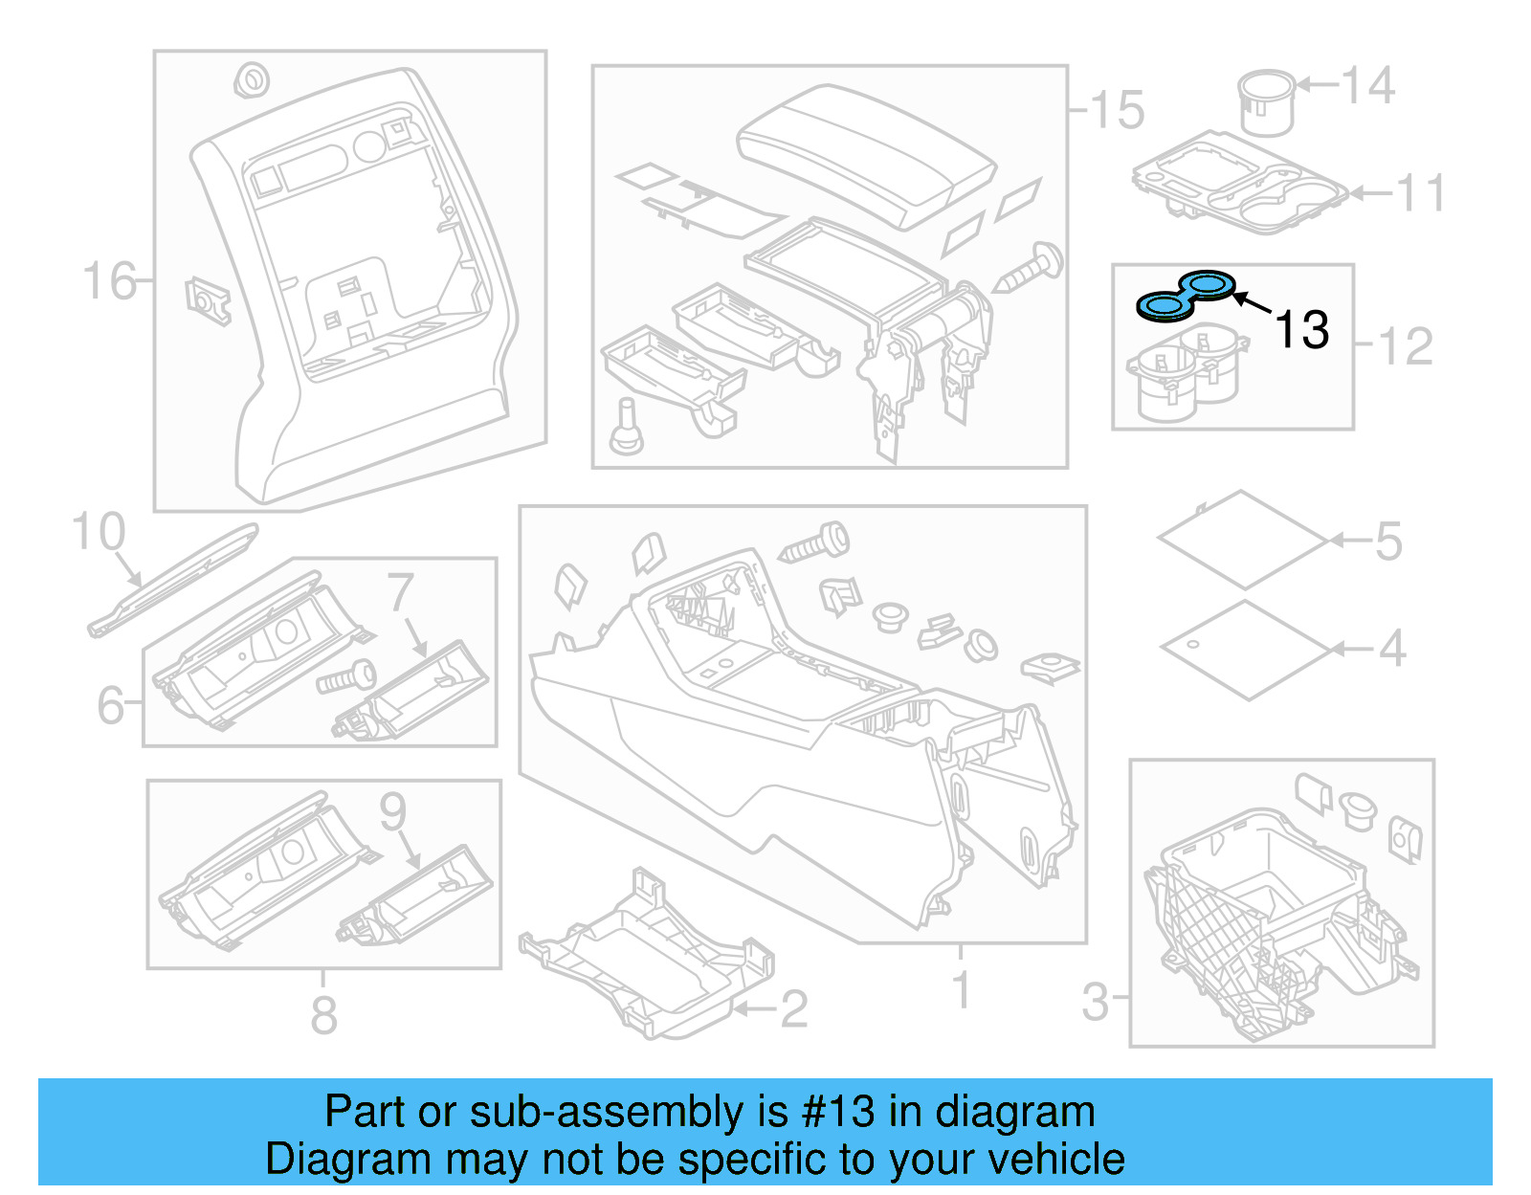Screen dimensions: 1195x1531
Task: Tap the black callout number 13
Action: [x=1301, y=330]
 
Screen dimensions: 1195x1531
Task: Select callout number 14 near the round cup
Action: [x=1367, y=86]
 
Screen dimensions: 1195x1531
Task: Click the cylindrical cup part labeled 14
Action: [x=1265, y=101]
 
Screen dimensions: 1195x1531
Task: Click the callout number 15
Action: [x=1118, y=110]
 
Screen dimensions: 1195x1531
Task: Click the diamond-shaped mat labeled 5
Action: [x=1243, y=540]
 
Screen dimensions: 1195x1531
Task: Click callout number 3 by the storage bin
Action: [x=1095, y=1002]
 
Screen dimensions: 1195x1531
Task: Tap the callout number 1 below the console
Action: [x=962, y=990]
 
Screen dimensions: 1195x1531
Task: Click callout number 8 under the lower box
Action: [x=323, y=1015]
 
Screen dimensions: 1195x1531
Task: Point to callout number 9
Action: [x=393, y=811]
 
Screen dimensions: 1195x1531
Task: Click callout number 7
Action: [x=401, y=592]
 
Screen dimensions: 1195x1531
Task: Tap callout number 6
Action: [x=111, y=705]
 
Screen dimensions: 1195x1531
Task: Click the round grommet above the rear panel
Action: [x=251, y=80]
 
